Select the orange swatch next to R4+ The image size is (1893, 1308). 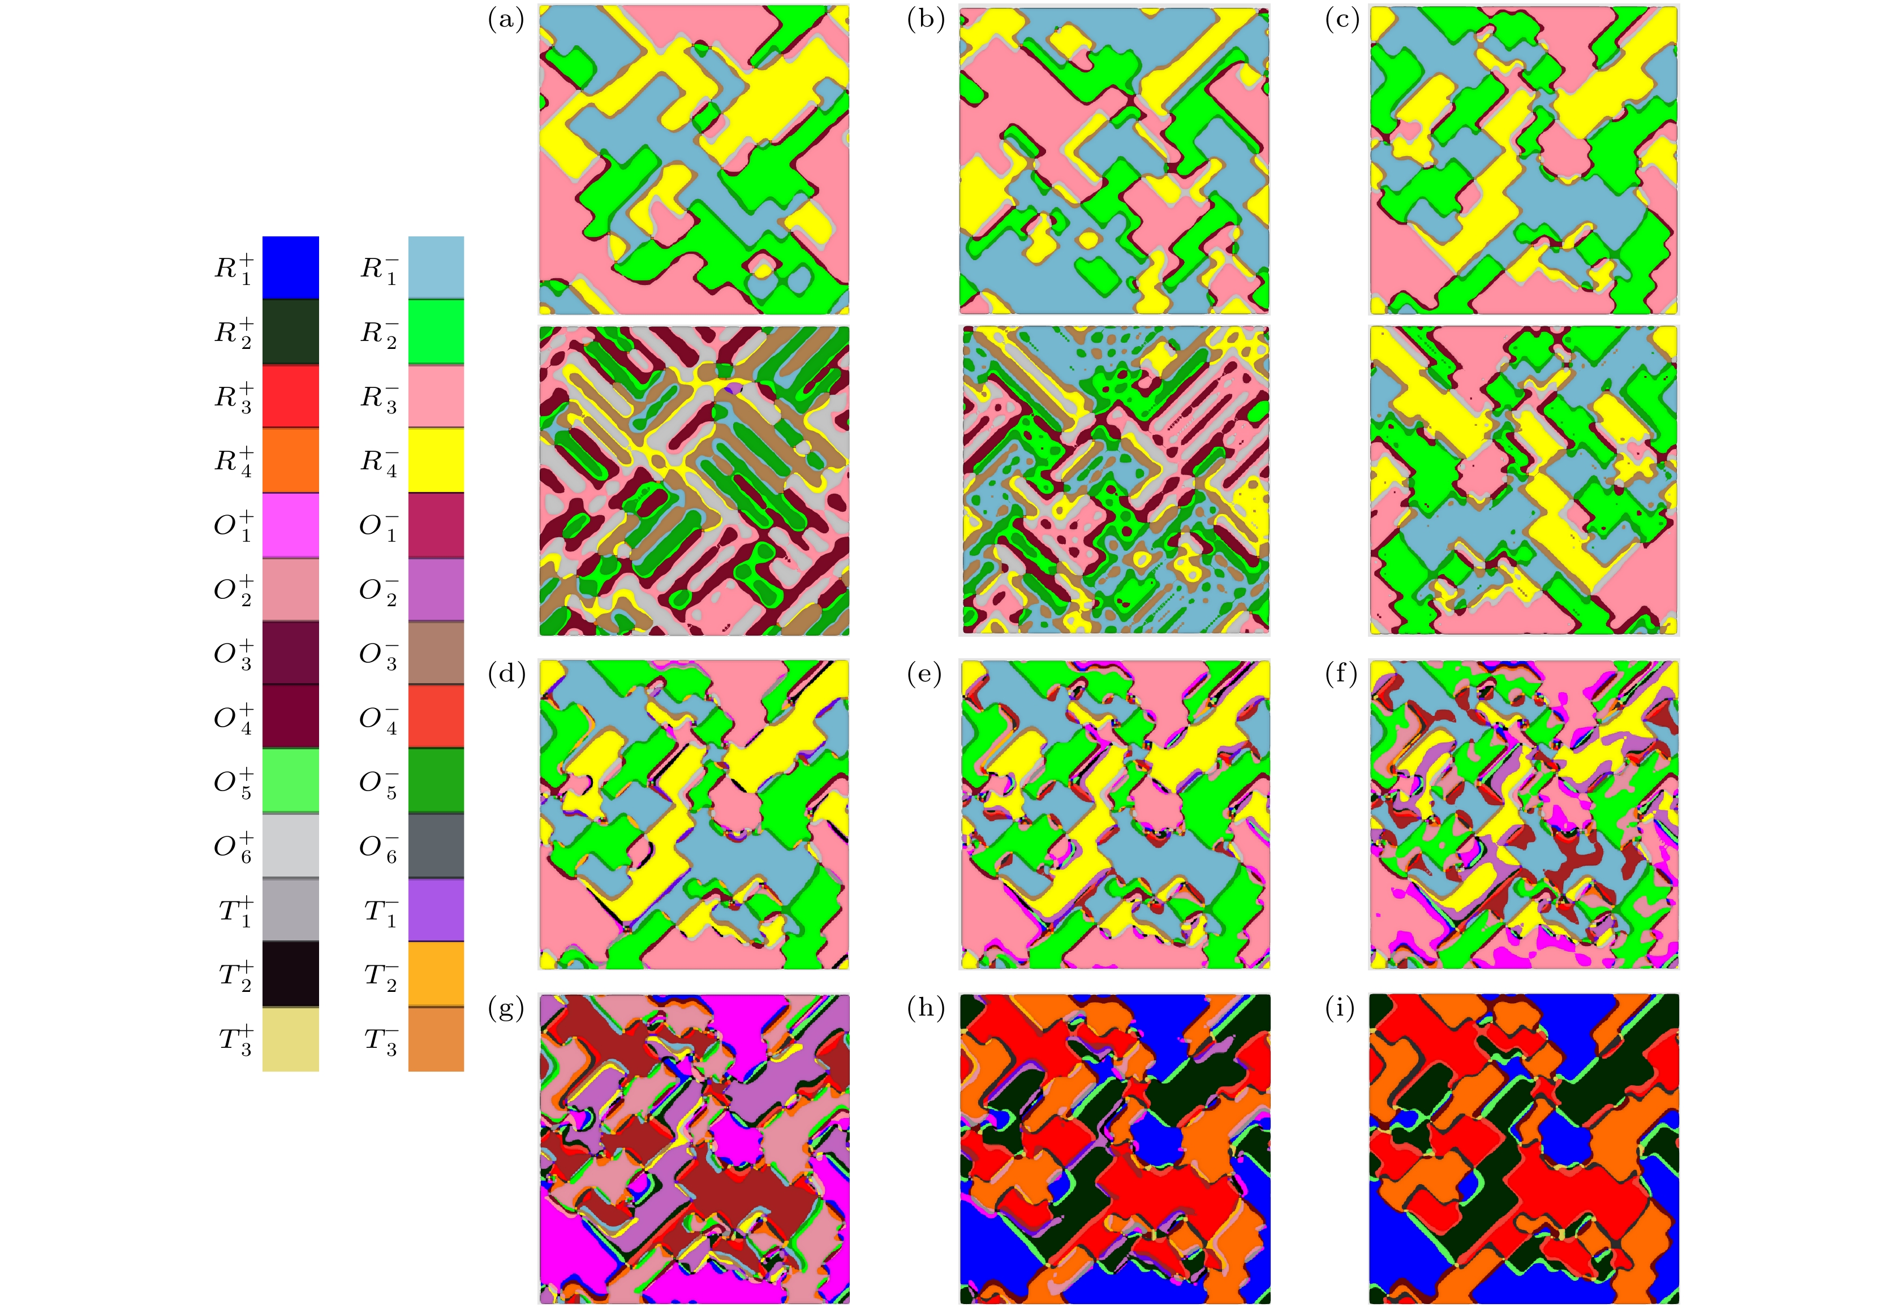click(290, 460)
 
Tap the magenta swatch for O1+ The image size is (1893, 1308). click(290, 525)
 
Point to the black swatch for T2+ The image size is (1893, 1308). click(290, 974)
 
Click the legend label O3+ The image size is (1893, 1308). click(234, 653)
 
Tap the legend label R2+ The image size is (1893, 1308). click(234, 332)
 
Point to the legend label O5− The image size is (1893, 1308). click(378, 782)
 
